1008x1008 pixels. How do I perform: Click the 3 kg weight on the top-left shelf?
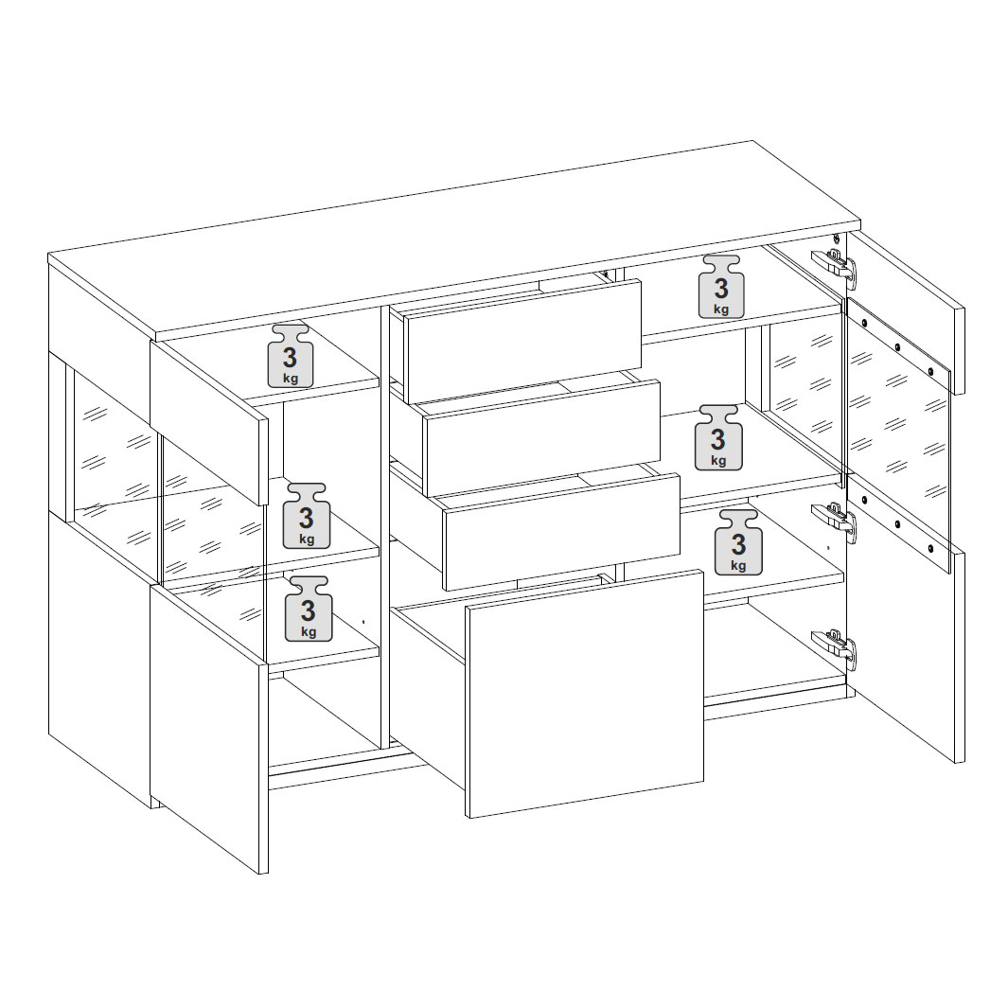click(x=291, y=356)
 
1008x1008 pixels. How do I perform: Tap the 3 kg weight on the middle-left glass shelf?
click(x=307, y=516)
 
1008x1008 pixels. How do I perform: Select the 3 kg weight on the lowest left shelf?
click(x=309, y=609)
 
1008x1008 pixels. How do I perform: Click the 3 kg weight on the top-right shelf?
click(x=721, y=287)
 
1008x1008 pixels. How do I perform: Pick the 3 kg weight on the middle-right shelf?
click(x=718, y=437)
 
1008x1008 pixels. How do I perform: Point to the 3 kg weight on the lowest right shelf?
click(x=738, y=542)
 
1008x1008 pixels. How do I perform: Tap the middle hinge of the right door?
click(x=835, y=517)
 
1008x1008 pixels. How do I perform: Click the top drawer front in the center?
click(x=524, y=342)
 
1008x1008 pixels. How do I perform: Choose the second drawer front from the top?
click(x=542, y=438)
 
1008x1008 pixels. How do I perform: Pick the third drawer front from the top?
click(x=561, y=532)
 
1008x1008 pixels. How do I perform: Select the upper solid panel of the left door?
click(x=209, y=422)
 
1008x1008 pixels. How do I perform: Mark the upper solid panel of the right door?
click(x=906, y=313)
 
